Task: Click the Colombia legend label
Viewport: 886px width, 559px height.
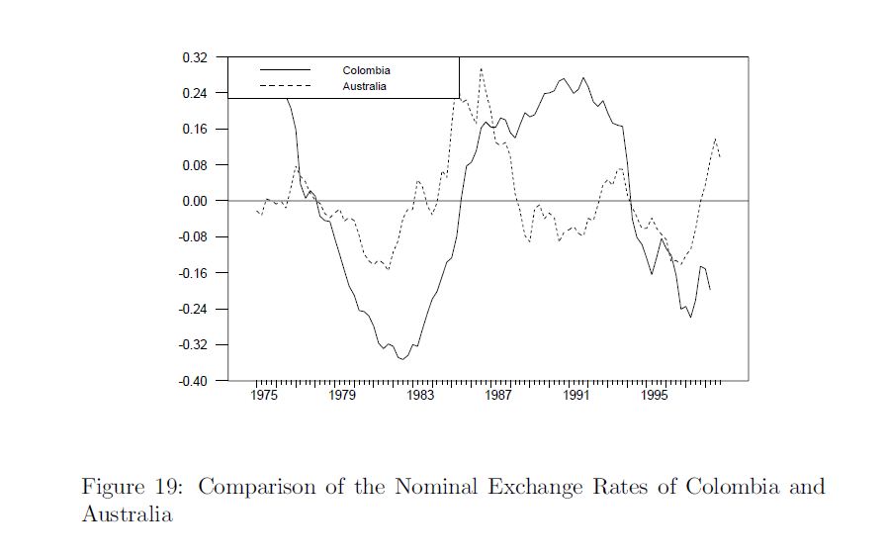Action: point(366,71)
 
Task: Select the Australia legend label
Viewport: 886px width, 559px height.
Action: point(365,86)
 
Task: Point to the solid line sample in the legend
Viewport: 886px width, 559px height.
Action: point(285,70)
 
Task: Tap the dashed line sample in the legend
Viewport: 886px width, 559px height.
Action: point(285,86)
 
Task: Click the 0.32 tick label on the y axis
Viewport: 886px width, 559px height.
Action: point(195,57)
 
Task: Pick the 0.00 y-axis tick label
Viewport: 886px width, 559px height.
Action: point(195,201)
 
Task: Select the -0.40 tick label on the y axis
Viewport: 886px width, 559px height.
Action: point(193,381)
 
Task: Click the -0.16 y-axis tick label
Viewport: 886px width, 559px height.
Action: point(193,273)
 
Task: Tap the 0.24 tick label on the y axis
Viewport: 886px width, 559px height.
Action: point(195,93)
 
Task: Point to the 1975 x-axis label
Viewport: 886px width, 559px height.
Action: point(264,397)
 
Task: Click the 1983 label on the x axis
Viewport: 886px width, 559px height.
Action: point(420,397)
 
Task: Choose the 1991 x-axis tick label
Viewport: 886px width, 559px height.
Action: point(576,397)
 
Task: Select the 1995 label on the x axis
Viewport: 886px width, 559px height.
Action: point(655,397)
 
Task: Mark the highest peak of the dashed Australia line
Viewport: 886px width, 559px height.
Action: point(481,68)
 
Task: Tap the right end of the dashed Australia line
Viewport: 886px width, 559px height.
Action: point(720,156)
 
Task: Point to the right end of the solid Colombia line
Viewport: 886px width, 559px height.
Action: point(710,289)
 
